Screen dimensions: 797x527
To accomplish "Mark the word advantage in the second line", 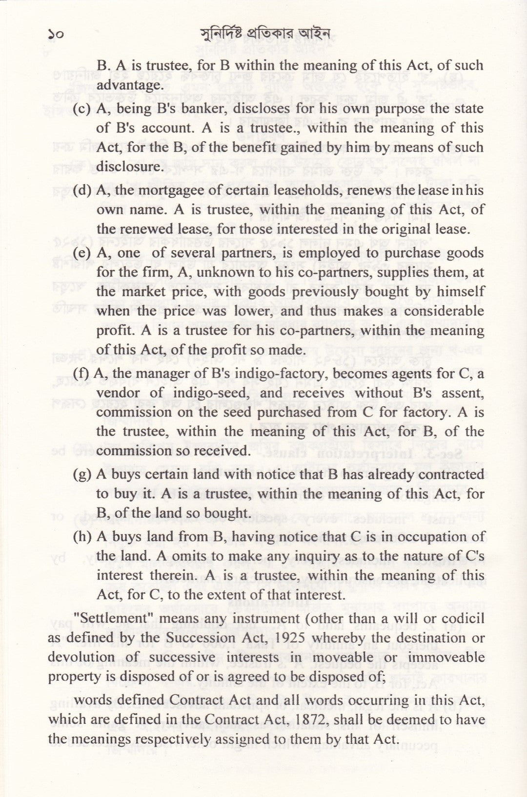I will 129,85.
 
